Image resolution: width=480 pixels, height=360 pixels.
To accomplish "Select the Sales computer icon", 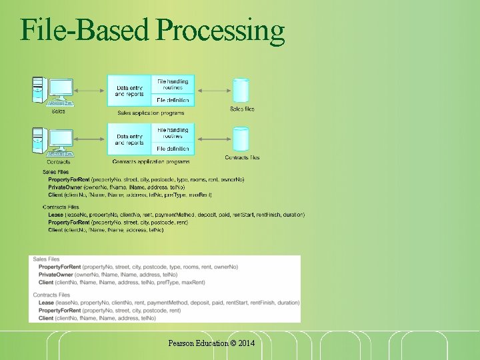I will pyautogui.click(x=53, y=91).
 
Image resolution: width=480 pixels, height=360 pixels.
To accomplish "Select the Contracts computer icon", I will pyautogui.click(x=53, y=142).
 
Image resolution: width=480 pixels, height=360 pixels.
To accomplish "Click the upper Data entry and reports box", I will pyautogui.click(x=129, y=91).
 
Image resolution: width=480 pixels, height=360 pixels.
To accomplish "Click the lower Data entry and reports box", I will pyautogui.click(x=129, y=139).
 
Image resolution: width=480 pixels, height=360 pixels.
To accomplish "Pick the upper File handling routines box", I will pyautogui.click(x=173, y=84).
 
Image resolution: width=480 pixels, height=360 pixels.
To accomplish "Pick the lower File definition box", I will pyautogui.click(x=173, y=149).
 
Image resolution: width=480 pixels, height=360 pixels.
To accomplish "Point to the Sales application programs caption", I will pyautogui.click(x=151, y=113).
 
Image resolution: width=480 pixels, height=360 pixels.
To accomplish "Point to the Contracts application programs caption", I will pyautogui.click(x=151, y=162).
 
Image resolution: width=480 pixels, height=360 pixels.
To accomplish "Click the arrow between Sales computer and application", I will pyautogui.click(x=91, y=90).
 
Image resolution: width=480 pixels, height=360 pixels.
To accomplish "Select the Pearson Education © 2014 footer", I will pyautogui.click(x=211, y=343).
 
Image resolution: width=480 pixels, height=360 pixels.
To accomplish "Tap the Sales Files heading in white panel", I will pyautogui.click(x=46, y=259).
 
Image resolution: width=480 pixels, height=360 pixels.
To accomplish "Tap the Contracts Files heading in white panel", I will pyautogui.click(x=51, y=295).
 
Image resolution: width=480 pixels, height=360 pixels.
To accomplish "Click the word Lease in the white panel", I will pyautogui.click(x=47, y=303).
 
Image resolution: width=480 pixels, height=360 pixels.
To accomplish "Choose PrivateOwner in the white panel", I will pyautogui.click(x=55, y=275).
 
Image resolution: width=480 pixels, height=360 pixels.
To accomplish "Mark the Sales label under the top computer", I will pyautogui.click(x=58, y=111).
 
